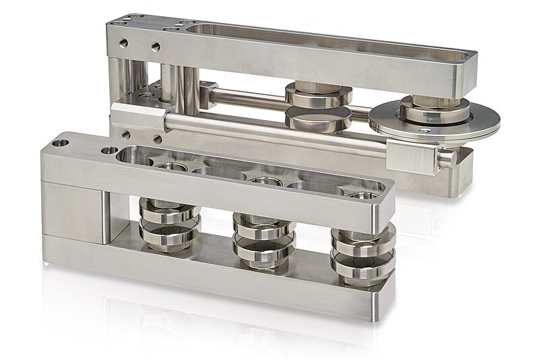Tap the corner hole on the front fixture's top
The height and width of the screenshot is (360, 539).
(x=61, y=143)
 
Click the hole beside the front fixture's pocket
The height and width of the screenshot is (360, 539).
(x=108, y=150)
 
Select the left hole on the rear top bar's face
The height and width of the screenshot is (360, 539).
(x=123, y=43)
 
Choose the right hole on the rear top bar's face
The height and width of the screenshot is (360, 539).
(x=156, y=47)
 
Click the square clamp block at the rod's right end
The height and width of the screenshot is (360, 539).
(x=412, y=157)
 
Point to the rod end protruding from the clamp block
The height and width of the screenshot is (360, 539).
(x=447, y=159)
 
